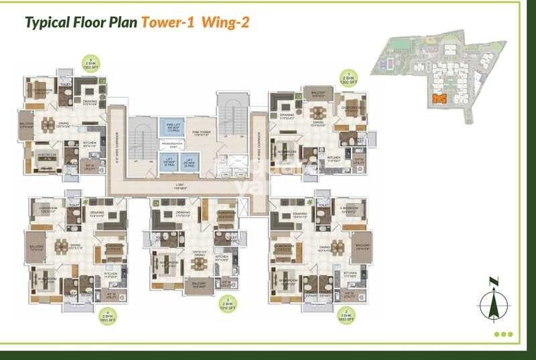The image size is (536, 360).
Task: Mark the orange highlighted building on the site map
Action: tap(439, 99)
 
